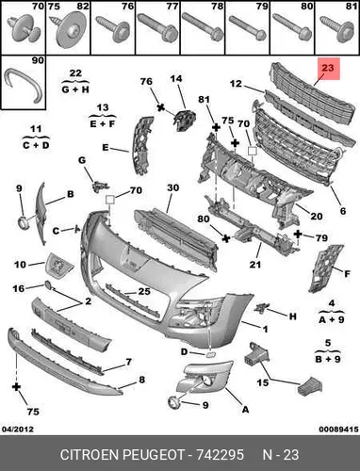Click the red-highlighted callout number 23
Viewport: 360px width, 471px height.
point(327,68)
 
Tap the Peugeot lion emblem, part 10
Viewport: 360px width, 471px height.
point(59,264)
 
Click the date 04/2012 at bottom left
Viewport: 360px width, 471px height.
point(18,429)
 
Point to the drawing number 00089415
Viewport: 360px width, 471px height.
point(338,429)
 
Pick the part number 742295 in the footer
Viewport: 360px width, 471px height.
point(220,454)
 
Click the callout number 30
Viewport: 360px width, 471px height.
point(172,187)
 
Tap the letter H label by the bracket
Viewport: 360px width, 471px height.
point(292,317)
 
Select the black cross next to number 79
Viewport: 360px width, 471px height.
point(298,234)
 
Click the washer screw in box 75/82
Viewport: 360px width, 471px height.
point(69,31)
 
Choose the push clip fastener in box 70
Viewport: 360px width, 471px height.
point(25,31)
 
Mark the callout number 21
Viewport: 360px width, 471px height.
point(255,265)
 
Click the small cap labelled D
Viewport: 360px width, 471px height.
point(209,355)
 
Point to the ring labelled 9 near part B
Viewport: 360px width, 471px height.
point(24,222)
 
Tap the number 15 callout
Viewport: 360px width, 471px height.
point(263,382)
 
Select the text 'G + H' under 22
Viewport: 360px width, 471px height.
point(75,89)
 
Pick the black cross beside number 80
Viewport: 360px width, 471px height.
point(225,238)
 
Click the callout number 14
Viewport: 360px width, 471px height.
point(176,78)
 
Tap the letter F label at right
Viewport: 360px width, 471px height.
point(347,274)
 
